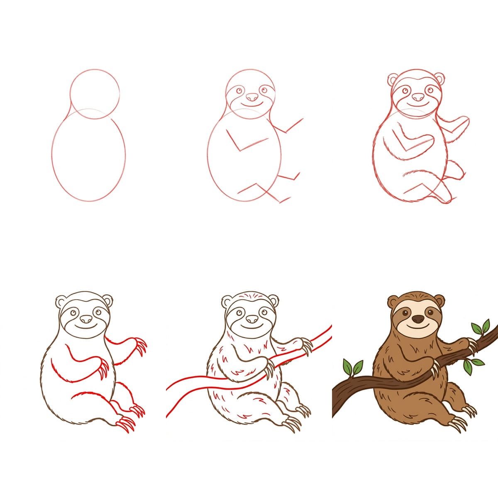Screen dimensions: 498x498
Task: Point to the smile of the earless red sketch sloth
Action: coord(251,106)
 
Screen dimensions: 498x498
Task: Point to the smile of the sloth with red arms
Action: coord(86,328)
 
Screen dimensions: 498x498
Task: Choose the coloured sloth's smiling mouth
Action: coord(418,328)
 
